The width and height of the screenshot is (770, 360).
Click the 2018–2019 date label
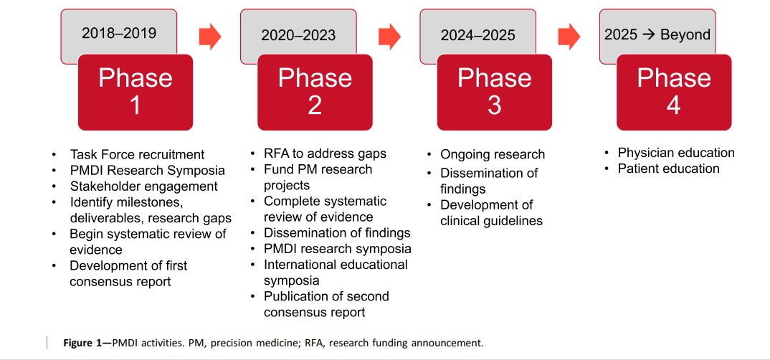tap(119, 33)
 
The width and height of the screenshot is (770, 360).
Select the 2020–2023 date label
tap(298, 35)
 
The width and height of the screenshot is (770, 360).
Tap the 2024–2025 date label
tap(477, 35)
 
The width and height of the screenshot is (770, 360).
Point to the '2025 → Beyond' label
tap(657, 34)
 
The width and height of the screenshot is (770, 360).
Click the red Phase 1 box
tap(136, 93)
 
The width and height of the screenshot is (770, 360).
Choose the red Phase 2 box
tap(315, 93)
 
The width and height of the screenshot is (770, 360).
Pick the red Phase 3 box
tap(495, 93)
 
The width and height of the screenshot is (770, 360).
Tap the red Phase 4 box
tap(674, 93)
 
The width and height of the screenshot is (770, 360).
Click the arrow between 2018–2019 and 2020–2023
tap(210, 37)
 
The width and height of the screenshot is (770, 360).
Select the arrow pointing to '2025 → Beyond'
tap(569, 37)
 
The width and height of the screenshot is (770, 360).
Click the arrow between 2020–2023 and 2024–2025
tap(389, 37)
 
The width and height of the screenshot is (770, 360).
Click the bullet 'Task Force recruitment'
tap(137, 154)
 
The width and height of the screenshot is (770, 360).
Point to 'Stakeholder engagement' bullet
tap(144, 186)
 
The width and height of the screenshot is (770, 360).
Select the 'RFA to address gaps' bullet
tap(325, 153)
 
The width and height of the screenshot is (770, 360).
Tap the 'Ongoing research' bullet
tap(493, 154)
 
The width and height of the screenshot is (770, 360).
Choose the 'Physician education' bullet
tap(676, 153)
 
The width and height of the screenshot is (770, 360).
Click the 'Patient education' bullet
tap(668, 169)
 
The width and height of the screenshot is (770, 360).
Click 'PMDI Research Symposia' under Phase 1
tap(147, 170)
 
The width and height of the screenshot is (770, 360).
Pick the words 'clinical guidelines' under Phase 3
tap(491, 221)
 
